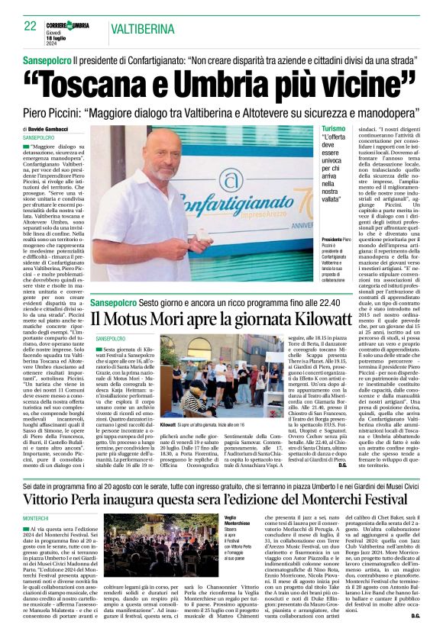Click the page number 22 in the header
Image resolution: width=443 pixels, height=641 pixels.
[31, 26]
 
